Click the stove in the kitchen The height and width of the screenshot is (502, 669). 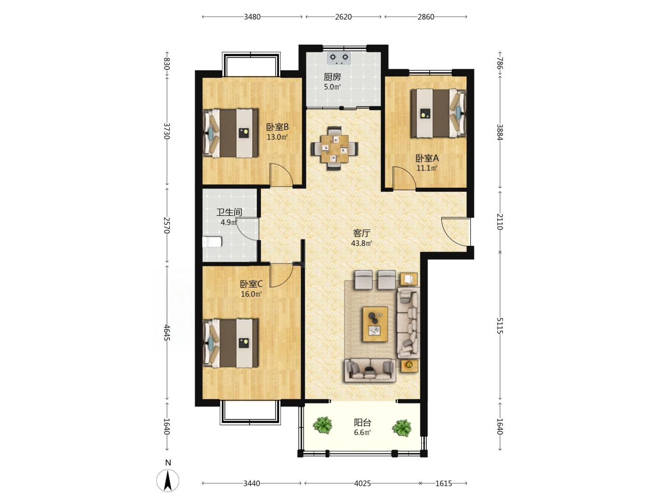(339, 58)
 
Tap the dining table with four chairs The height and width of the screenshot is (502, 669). (334, 148)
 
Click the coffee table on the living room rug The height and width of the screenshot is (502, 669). (375, 324)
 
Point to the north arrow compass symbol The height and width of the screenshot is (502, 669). (168, 481)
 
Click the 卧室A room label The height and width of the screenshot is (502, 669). (427, 158)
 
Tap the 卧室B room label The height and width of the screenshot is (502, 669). (277, 127)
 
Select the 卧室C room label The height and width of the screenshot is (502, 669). (252, 284)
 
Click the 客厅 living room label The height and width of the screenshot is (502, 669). (362, 233)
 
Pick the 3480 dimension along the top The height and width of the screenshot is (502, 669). (253, 17)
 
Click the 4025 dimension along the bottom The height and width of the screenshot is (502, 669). (363, 484)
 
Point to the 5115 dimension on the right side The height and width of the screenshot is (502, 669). (499, 326)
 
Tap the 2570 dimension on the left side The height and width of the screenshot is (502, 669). (166, 225)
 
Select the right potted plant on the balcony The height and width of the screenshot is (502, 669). (402, 428)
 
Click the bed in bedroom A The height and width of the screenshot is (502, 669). (439, 113)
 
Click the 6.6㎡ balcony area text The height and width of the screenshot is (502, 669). (362, 433)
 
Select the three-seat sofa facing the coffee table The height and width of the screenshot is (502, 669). (370, 370)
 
